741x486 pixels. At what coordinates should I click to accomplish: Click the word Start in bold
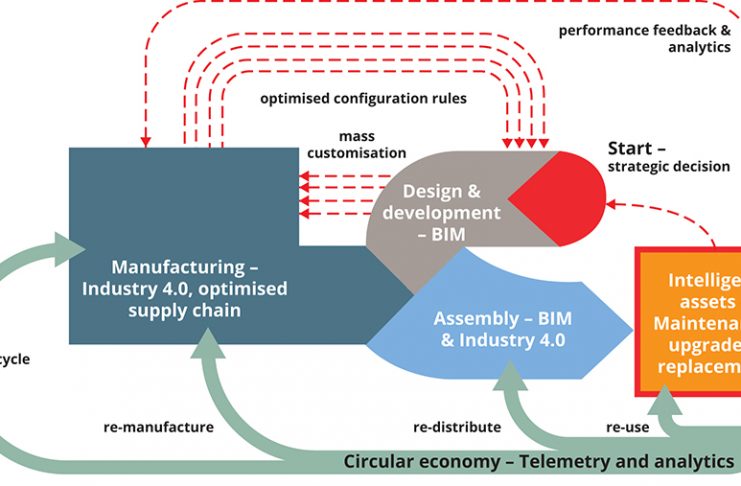pyautogui.click(x=630, y=149)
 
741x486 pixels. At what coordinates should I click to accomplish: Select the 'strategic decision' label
pyautogui.click(x=669, y=166)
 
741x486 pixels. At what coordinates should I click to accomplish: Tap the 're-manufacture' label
pyautogui.click(x=158, y=427)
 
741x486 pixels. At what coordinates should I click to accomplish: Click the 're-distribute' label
pyautogui.click(x=457, y=427)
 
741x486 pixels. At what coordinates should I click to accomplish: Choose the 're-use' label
pyautogui.click(x=627, y=427)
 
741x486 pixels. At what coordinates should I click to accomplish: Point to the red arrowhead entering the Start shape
pyautogui.click(x=614, y=205)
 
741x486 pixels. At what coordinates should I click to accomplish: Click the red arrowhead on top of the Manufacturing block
pyautogui.click(x=146, y=141)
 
